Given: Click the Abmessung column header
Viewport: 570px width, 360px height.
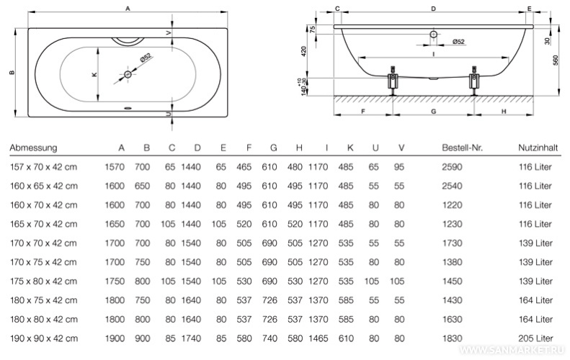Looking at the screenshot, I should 33,148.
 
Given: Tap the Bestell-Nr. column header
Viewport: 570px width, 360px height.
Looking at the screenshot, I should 462,148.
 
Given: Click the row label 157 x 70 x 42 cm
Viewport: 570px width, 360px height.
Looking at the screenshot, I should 43,167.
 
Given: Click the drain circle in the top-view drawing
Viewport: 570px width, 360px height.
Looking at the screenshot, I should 128,74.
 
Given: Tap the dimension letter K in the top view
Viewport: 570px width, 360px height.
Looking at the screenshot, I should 94,75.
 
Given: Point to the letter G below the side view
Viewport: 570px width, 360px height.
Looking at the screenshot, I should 433,112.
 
